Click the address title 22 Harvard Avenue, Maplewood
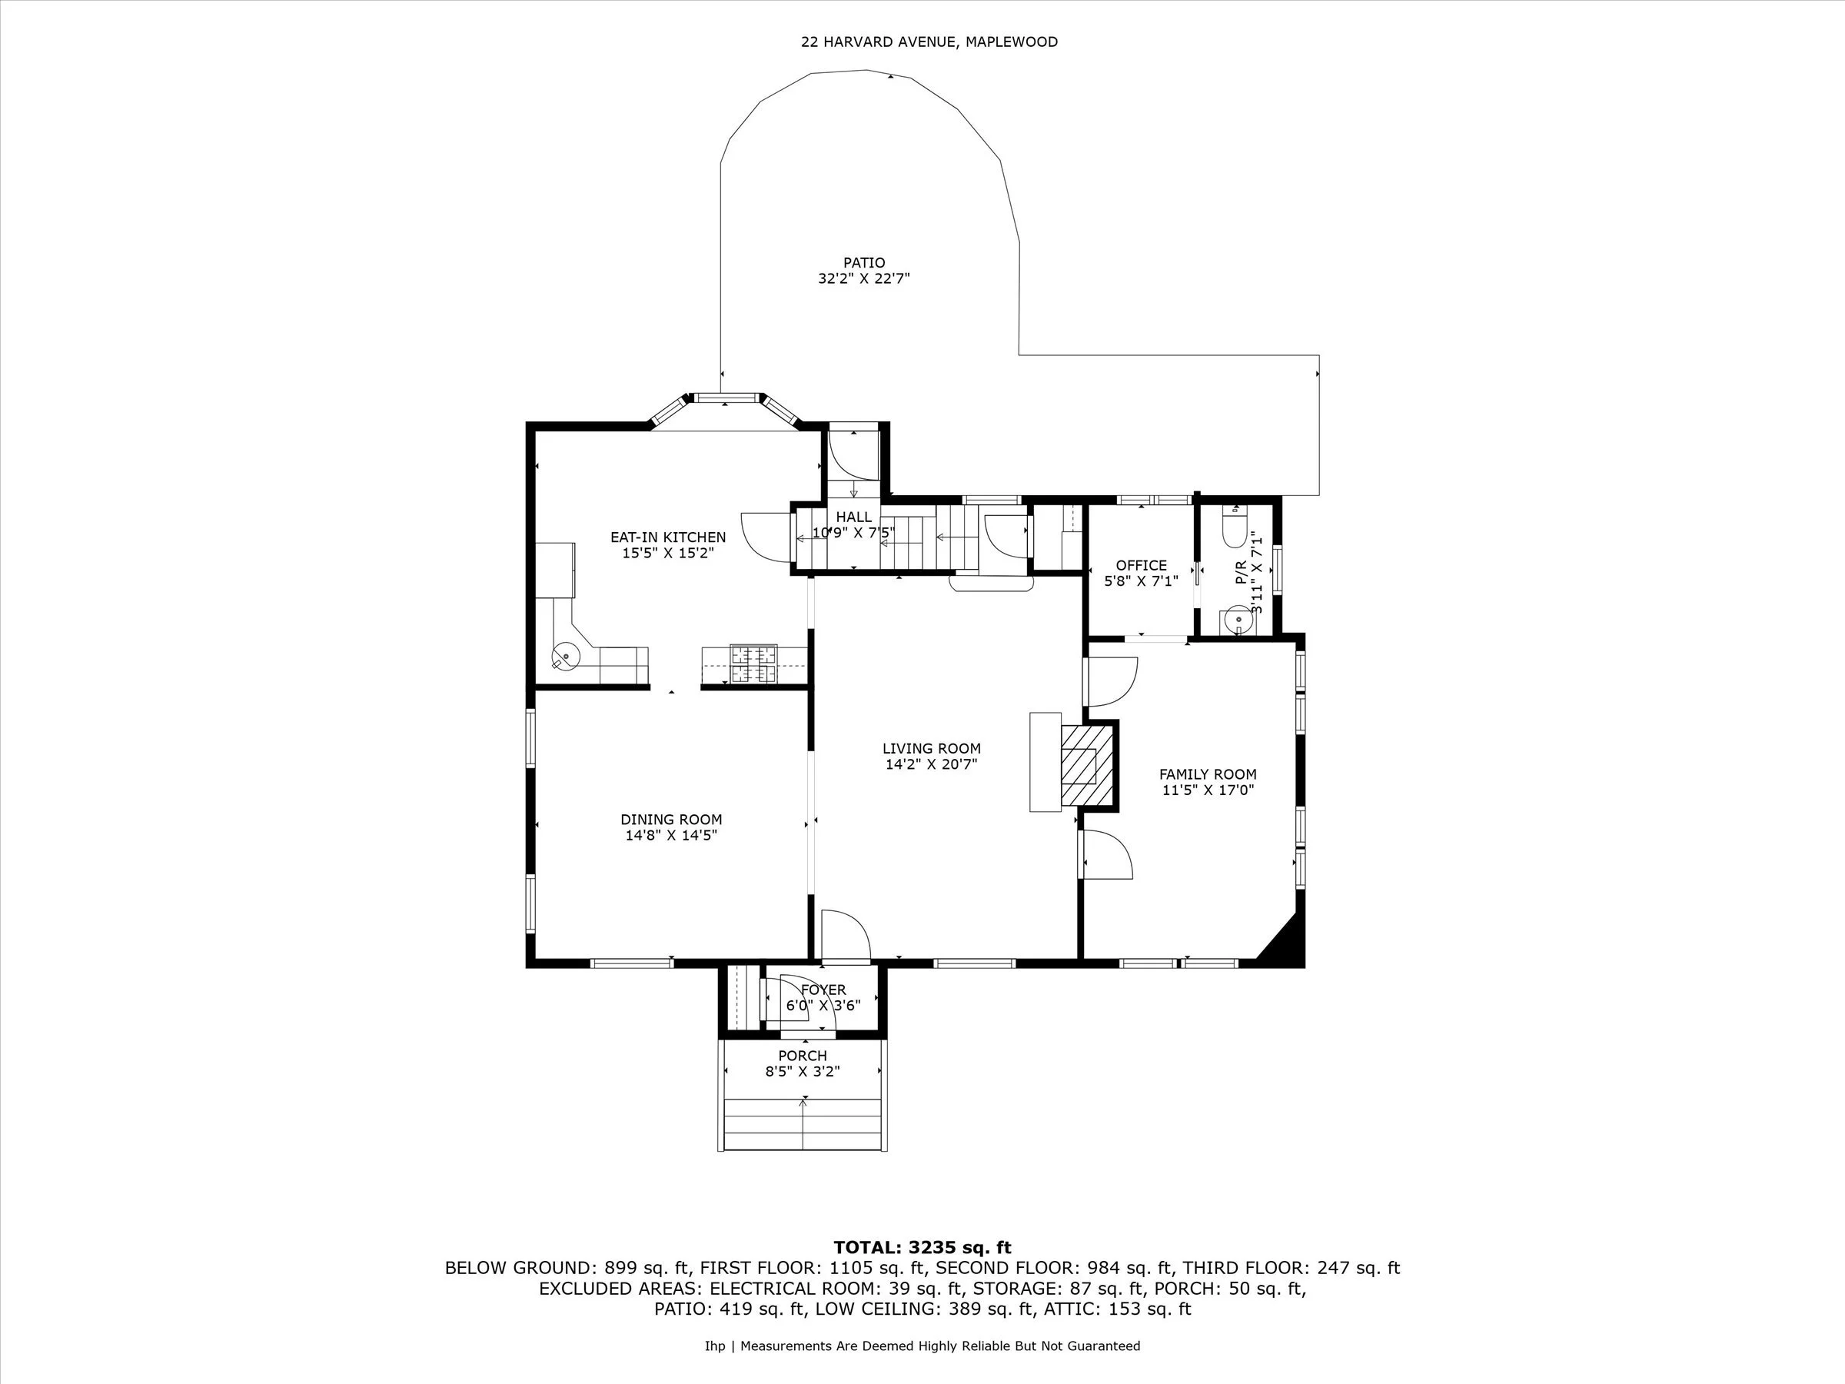(929, 42)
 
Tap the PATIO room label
(863, 263)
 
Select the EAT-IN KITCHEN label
(667, 537)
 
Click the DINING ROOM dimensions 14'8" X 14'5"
(670, 835)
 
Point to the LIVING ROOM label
(931, 748)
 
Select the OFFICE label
(1141, 565)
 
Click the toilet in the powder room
(1233, 527)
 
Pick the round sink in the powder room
(1237, 621)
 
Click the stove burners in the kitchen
(753, 664)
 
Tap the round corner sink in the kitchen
(567, 656)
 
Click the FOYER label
(823, 990)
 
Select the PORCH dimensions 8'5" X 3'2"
(803, 1071)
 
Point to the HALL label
(853, 517)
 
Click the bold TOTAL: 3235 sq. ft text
(922, 1247)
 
